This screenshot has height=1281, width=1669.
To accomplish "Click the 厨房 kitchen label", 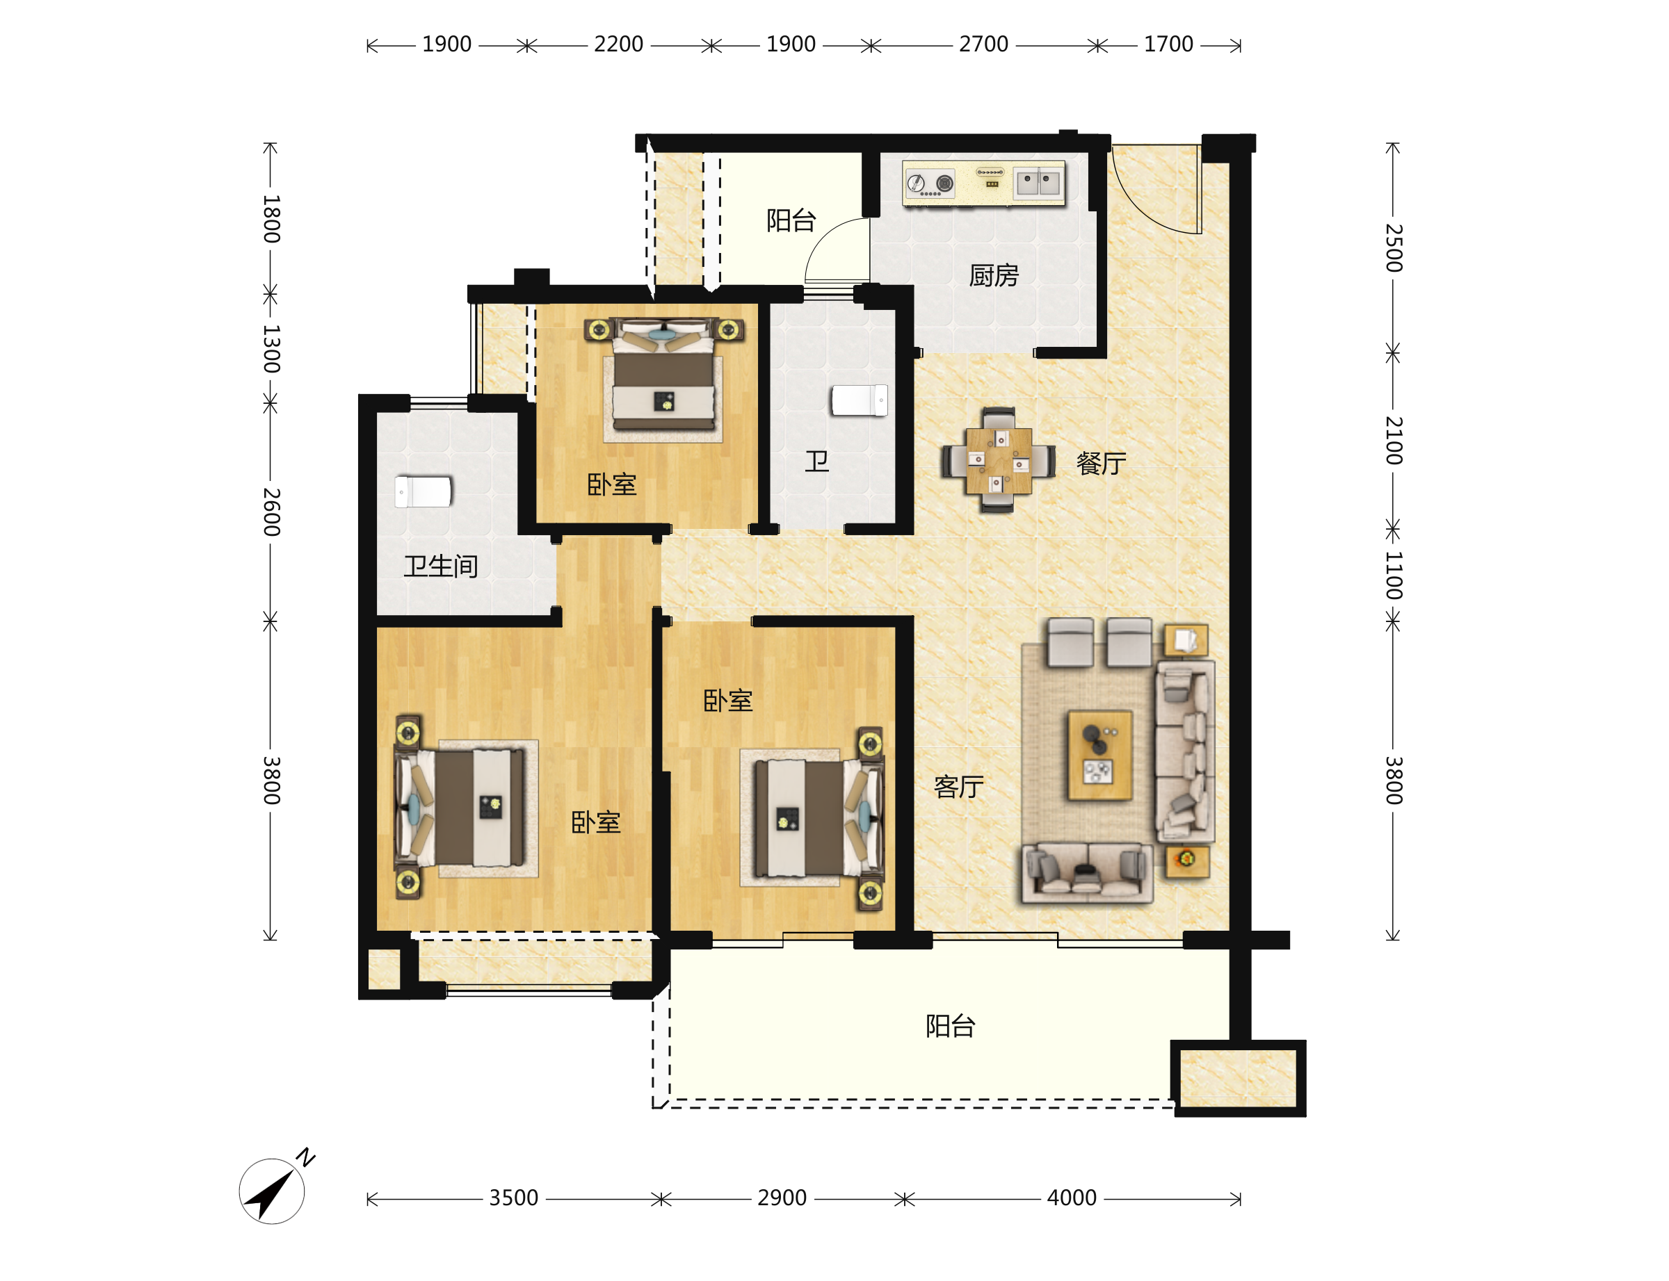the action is (x=993, y=275).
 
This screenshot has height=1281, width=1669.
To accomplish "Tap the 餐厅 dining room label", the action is (x=1101, y=463).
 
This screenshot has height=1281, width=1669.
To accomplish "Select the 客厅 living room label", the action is (x=958, y=786).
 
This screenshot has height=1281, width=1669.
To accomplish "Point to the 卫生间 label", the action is (x=441, y=566).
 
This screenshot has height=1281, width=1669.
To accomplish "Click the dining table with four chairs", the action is (x=998, y=460).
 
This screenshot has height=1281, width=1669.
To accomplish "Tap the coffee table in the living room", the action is (x=1099, y=756).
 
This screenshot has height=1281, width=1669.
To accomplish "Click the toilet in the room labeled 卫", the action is (x=859, y=400).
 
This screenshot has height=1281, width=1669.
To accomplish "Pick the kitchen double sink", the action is (x=1038, y=183).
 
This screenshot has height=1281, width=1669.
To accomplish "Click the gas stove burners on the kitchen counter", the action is (x=930, y=183).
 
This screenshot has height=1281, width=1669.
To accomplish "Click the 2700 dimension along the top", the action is (x=983, y=44).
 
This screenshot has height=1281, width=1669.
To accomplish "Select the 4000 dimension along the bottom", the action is (x=1071, y=1198).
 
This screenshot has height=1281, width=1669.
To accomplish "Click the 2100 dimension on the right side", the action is (x=1394, y=440).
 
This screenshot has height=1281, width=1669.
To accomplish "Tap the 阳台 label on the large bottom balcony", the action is (x=950, y=1025).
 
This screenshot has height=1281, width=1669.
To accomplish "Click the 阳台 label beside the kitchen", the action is (x=791, y=220).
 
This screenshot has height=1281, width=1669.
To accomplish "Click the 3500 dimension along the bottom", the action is (x=513, y=1198).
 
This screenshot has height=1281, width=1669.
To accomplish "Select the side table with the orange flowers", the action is (x=1186, y=860).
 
